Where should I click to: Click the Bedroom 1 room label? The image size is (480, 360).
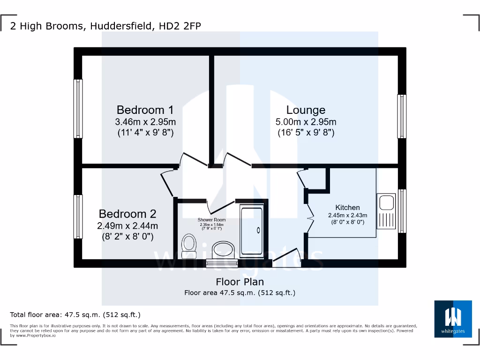tap(145, 110)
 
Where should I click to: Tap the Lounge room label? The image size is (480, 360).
tap(306, 110)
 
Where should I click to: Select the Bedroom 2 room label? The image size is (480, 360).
tap(127, 214)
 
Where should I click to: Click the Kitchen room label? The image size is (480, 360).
tap(347, 207)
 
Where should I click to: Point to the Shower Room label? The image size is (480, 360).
tap(211, 219)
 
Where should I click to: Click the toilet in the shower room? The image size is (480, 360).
tap(189, 244)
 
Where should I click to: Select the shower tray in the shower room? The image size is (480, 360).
tap(253, 230)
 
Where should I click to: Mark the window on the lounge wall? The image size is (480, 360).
tap(402, 116)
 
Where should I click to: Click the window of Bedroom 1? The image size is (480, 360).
tap(78, 109)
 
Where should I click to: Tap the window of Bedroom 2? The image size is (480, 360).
tap(78, 217)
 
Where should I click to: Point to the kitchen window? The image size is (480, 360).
tap(402, 211)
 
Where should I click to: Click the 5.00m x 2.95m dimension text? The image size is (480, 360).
tap(306, 122)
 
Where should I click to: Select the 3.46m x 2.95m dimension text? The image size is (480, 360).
tap(145, 122)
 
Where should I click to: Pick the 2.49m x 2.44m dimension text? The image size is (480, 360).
tap(127, 226)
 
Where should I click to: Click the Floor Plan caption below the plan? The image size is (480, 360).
tap(240, 282)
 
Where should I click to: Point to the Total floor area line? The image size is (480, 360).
tap(75, 315)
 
